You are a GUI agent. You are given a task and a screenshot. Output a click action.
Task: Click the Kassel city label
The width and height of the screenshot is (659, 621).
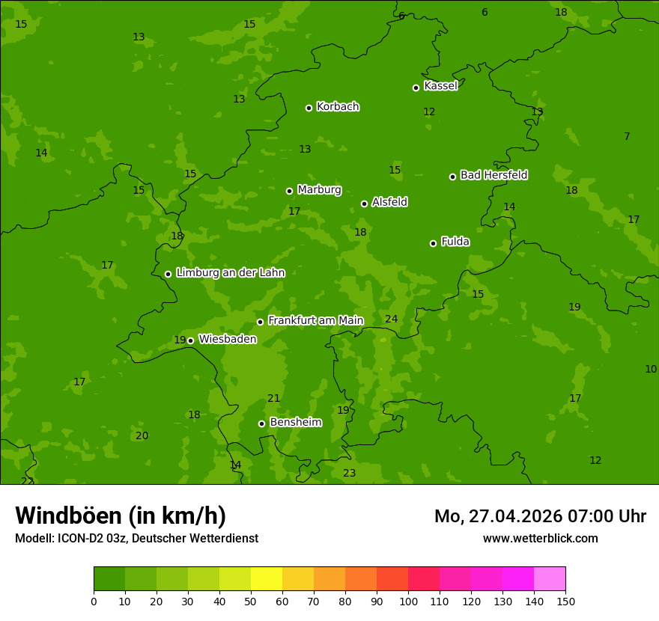click(440, 86)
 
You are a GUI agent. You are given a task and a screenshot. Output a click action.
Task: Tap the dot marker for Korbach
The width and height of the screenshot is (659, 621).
click(309, 108)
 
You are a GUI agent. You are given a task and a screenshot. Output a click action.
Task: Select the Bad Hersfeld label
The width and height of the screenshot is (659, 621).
click(494, 175)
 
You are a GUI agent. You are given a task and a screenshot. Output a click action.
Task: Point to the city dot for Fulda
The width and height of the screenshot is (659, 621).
click(433, 243)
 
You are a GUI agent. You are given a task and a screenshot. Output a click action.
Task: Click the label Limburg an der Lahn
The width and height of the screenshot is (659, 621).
click(230, 273)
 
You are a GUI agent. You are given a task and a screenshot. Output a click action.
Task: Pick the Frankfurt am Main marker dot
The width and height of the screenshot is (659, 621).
click(260, 322)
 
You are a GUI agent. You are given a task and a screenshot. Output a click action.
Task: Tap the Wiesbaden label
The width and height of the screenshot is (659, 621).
click(227, 339)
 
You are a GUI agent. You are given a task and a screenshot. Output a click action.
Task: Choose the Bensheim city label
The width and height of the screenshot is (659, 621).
click(295, 422)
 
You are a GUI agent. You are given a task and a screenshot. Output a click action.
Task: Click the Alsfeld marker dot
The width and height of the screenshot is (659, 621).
click(364, 204)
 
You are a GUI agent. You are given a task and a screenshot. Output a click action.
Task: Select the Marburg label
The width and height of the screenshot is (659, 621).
click(319, 190)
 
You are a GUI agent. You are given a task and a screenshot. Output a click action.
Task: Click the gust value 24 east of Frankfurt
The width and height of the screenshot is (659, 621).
click(391, 319)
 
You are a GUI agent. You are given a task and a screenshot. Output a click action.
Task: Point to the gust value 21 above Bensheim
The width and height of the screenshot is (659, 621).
click(273, 399)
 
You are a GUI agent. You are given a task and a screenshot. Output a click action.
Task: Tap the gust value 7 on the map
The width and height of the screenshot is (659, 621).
click(627, 136)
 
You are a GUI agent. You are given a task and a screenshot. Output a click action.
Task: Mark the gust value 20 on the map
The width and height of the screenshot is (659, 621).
click(142, 436)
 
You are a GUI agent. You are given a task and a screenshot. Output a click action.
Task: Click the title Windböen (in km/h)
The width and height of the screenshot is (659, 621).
click(121, 516)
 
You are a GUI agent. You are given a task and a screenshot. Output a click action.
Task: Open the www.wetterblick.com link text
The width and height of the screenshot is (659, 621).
click(540, 538)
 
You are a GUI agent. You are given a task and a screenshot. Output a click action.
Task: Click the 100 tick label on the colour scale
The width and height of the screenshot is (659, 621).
click(408, 601)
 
